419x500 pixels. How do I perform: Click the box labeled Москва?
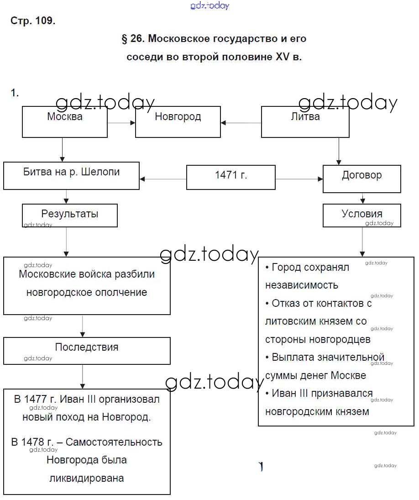coord(65,121)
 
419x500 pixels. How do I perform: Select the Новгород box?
coord(178,121)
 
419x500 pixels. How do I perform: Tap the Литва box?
coord(305,121)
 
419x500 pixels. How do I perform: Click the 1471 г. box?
coord(231,177)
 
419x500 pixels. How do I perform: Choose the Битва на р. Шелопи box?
coord(71,175)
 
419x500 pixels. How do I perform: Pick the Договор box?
coord(361,179)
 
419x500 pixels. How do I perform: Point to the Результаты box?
coord(69,216)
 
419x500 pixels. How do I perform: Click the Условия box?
coord(361,216)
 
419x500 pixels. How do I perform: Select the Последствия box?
coord(87,351)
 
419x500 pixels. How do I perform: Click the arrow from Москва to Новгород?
coord(121,122)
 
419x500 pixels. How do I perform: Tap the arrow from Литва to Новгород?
coord(241,122)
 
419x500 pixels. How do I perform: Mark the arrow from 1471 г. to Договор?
coord(299,179)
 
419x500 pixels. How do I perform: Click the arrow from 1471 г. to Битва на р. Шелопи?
coord(163,179)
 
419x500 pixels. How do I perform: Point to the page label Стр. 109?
coord(33,21)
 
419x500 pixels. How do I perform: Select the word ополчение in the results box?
coord(122,293)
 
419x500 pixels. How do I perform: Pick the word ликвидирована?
coord(86,479)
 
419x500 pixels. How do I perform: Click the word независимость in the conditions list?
coord(302,285)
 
